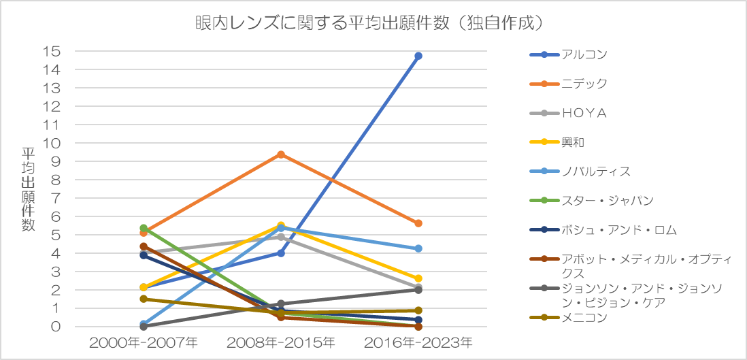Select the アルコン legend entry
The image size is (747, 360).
point(569,54)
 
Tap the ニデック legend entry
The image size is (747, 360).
point(569,84)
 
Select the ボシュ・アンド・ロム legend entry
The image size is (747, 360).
point(603,230)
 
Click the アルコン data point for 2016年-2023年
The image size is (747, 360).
point(418,56)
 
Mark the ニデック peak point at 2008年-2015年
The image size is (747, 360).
point(281,154)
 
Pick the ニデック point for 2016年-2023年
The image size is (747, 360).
point(418,223)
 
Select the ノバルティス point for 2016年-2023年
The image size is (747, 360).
point(418,248)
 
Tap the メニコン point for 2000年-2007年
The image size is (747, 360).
point(144,299)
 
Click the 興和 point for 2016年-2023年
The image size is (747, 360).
point(418,278)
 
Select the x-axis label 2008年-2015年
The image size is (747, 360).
point(281,342)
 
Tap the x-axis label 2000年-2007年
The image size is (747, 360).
point(144,342)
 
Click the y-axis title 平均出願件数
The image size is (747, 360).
point(28,189)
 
